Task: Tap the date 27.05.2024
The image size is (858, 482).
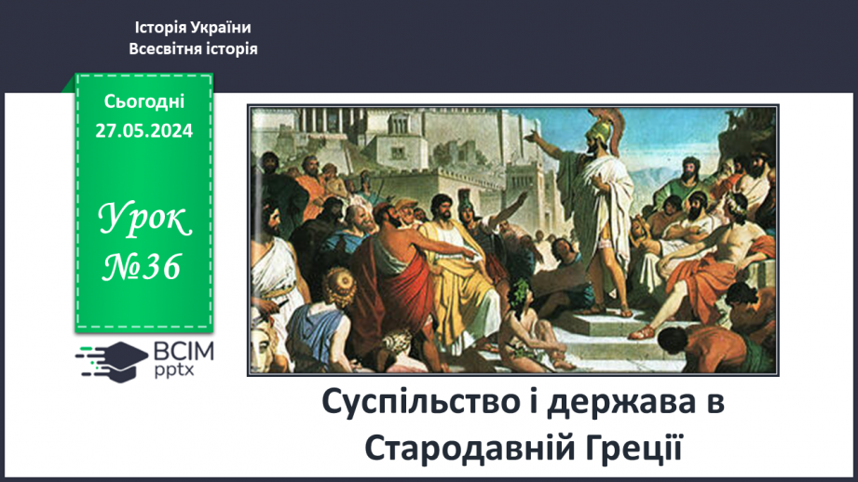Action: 144,131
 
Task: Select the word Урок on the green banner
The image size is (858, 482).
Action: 144,220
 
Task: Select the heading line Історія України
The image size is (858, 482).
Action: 193,29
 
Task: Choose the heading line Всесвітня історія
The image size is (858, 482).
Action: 193,49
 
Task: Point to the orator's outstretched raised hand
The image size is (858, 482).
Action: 533,136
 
